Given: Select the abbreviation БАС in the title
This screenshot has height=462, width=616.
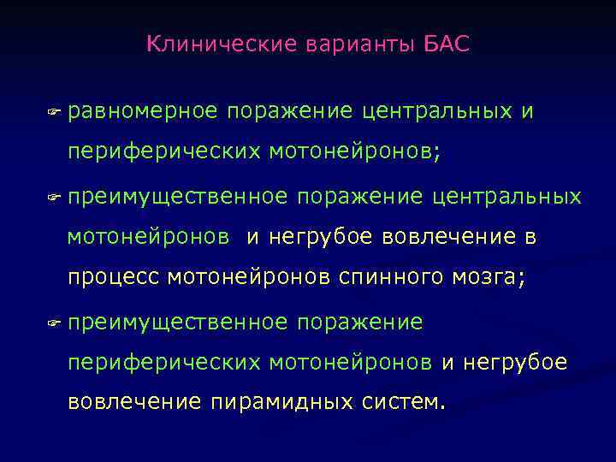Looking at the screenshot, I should click(x=447, y=44).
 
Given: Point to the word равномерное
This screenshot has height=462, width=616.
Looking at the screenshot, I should click(x=143, y=111).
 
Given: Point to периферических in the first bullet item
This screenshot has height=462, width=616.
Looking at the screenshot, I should click(x=164, y=151).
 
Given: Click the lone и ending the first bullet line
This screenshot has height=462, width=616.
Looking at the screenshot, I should click(x=527, y=111).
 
